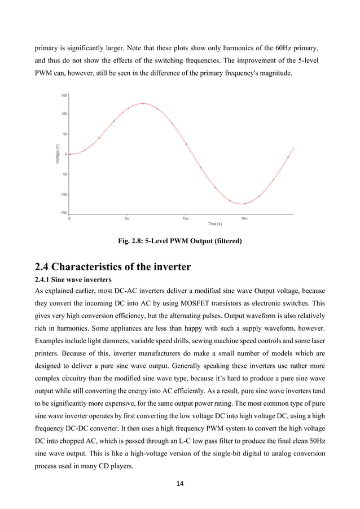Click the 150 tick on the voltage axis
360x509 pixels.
point(64,95)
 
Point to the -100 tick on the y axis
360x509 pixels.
point(63,194)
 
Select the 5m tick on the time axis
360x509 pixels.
point(128,218)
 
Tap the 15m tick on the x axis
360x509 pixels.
point(244,218)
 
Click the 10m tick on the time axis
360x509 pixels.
point(186,218)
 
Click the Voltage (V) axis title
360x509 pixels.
point(57,154)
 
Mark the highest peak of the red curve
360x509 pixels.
point(143,103)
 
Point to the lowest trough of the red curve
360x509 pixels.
point(243,204)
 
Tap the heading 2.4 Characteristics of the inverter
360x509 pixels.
point(113,266)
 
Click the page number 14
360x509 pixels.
point(179,483)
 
